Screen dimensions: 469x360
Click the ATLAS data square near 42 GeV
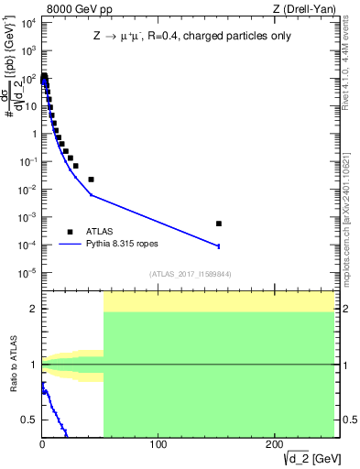click(x=91, y=180)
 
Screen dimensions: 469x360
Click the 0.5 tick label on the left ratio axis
click(x=28, y=420)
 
